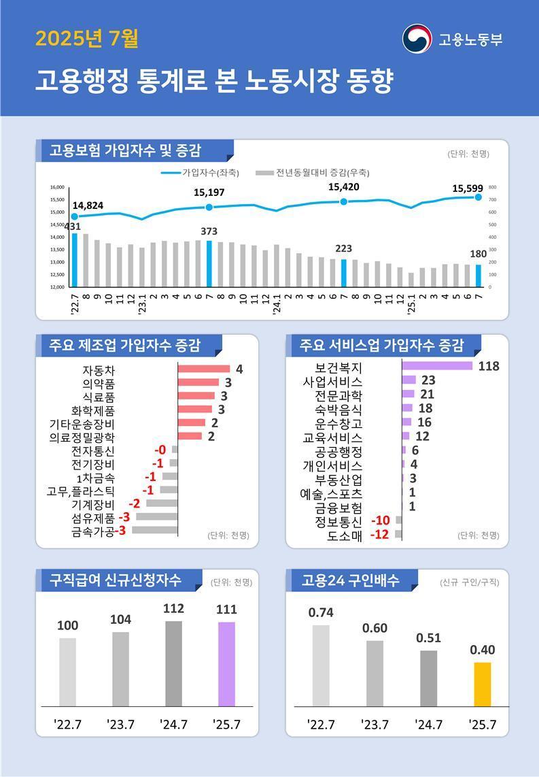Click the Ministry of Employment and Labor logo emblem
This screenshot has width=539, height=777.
tap(416, 39)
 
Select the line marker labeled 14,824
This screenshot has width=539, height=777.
tap(74, 216)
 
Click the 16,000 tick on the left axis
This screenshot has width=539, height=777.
tap(57, 187)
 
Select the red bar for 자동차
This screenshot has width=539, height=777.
tap(204, 369)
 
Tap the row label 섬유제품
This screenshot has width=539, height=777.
tap(93, 518)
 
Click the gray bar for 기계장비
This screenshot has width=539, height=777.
tap(162, 503)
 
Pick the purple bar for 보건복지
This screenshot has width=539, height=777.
tap(436, 366)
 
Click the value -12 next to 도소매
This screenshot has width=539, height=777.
tap(379, 534)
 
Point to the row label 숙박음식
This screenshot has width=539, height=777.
tap(338, 409)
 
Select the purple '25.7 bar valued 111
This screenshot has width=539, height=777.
tap(226, 663)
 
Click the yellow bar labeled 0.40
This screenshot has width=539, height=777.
tap(482, 684)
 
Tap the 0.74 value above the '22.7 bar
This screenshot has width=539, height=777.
tap(321, 612)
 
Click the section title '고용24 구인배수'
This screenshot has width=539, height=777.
tap(349, 580)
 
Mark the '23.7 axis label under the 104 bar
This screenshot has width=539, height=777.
tap(120, 724)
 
